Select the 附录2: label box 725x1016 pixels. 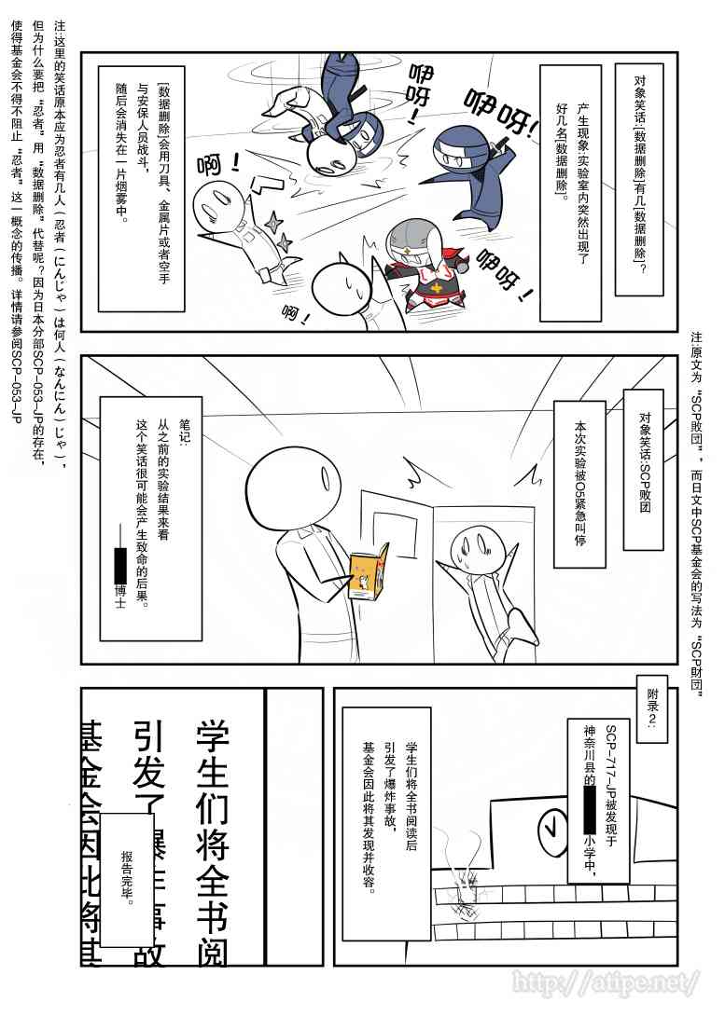[x=652, y=709]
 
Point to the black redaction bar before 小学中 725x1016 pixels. [x=591, y=811]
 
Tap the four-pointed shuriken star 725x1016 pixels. [x=275, y=224]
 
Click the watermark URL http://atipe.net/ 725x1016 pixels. [x=605, y=982]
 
